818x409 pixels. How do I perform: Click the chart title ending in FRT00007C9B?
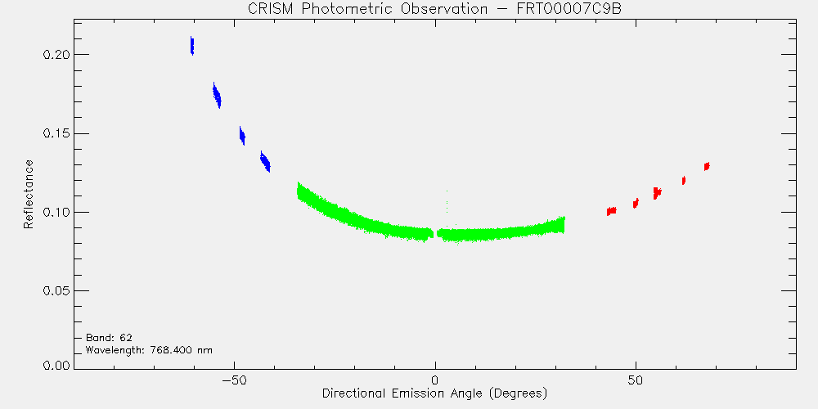point(434,9)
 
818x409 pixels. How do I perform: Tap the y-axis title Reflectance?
point(29,194)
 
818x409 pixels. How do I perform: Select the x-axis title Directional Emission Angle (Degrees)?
point(434,393)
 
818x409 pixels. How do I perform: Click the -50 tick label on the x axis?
point(234,380)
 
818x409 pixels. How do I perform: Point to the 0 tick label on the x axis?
point(435,380)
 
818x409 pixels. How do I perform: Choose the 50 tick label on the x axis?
point(636,380)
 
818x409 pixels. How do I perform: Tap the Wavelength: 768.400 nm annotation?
point(149,350)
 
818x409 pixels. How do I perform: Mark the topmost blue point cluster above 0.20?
point(192,46)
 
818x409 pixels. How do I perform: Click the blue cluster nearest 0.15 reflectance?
point(242,136)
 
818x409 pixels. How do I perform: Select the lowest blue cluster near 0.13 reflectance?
point(266,162)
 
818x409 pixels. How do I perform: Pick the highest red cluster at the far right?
point(707,166)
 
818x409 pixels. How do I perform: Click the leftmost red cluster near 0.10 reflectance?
point(611,211)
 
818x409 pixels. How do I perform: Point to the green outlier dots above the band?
point(447,201)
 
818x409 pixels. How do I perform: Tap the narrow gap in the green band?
point(435,234)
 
